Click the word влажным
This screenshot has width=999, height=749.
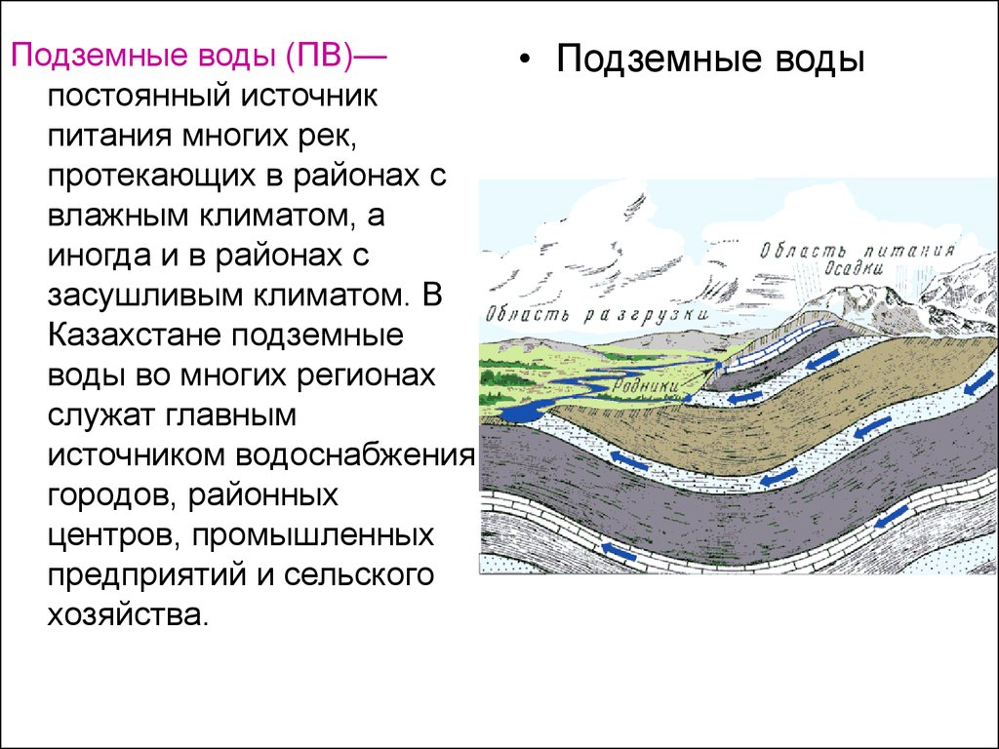click(x=118, y=216)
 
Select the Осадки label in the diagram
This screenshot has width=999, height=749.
click(x=854, y=269)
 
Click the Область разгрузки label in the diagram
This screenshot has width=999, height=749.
click(x=598, y=315)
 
